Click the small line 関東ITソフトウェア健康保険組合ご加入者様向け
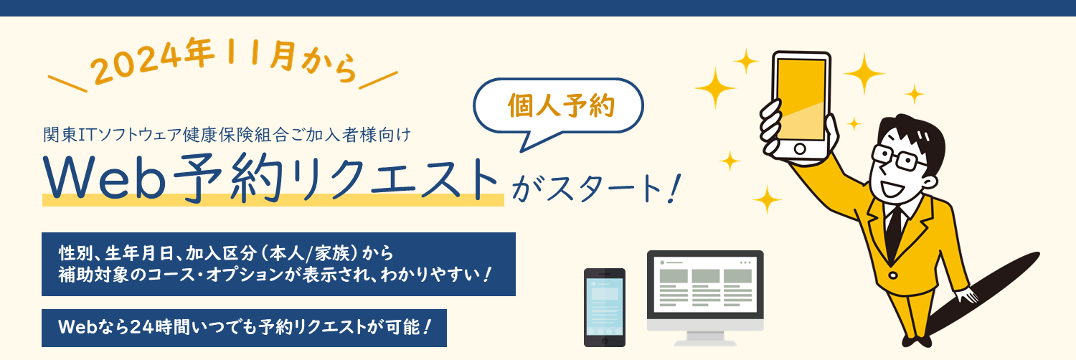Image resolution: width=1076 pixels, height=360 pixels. point(227,135)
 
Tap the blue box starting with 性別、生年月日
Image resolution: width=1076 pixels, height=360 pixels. point(278,264)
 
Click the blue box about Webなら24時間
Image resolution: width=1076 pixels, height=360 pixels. point(244,328)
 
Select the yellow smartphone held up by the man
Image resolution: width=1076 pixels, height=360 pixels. point(801,105)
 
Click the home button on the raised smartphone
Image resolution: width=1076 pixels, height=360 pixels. point(800,148)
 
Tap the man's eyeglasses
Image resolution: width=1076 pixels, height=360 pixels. point(897,158)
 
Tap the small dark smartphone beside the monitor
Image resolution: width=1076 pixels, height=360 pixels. point(604,308)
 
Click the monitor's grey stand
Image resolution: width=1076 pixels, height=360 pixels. point(705,338)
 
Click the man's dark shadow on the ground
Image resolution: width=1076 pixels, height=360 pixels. point(985,293)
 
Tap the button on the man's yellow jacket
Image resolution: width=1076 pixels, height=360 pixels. point(892,275)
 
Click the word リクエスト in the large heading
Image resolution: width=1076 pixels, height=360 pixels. point(395,179)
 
